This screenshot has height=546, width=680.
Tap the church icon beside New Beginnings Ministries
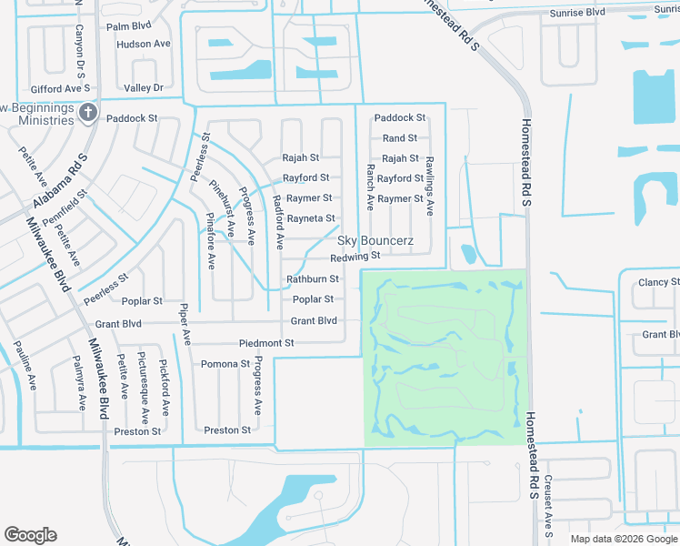tap(87, 112)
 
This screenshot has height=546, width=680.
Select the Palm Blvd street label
tap(128, 26)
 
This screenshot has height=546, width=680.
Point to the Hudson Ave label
tap(144, 44)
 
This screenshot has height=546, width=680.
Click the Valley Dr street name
tap(144, 87)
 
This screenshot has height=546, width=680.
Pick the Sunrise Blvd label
tap(577, 14)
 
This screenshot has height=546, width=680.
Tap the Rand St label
tap(400, 138)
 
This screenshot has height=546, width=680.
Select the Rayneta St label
tap(311, 218)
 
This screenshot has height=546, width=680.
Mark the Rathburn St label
tap(313, 279)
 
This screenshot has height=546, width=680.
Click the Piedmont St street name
tap(266, 343)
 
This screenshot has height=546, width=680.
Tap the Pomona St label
tap(225, 364)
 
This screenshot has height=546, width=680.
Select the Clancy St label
tap(658, 282)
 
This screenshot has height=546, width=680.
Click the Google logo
tap(30, 535)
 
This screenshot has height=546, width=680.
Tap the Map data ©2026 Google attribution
tap(623, 539)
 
